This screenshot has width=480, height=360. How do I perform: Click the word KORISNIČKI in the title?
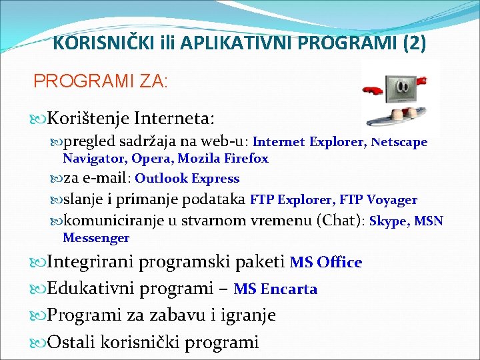click(93, 43)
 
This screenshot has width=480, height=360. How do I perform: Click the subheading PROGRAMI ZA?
click(101, 81)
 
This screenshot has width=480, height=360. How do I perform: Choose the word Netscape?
click(399, 142)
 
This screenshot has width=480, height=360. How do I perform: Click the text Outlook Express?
click(187, 179)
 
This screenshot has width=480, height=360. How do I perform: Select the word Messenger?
click(96, 238)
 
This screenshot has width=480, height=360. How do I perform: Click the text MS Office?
click(326, 262)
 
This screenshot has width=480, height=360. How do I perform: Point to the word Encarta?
click(289, 289)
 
